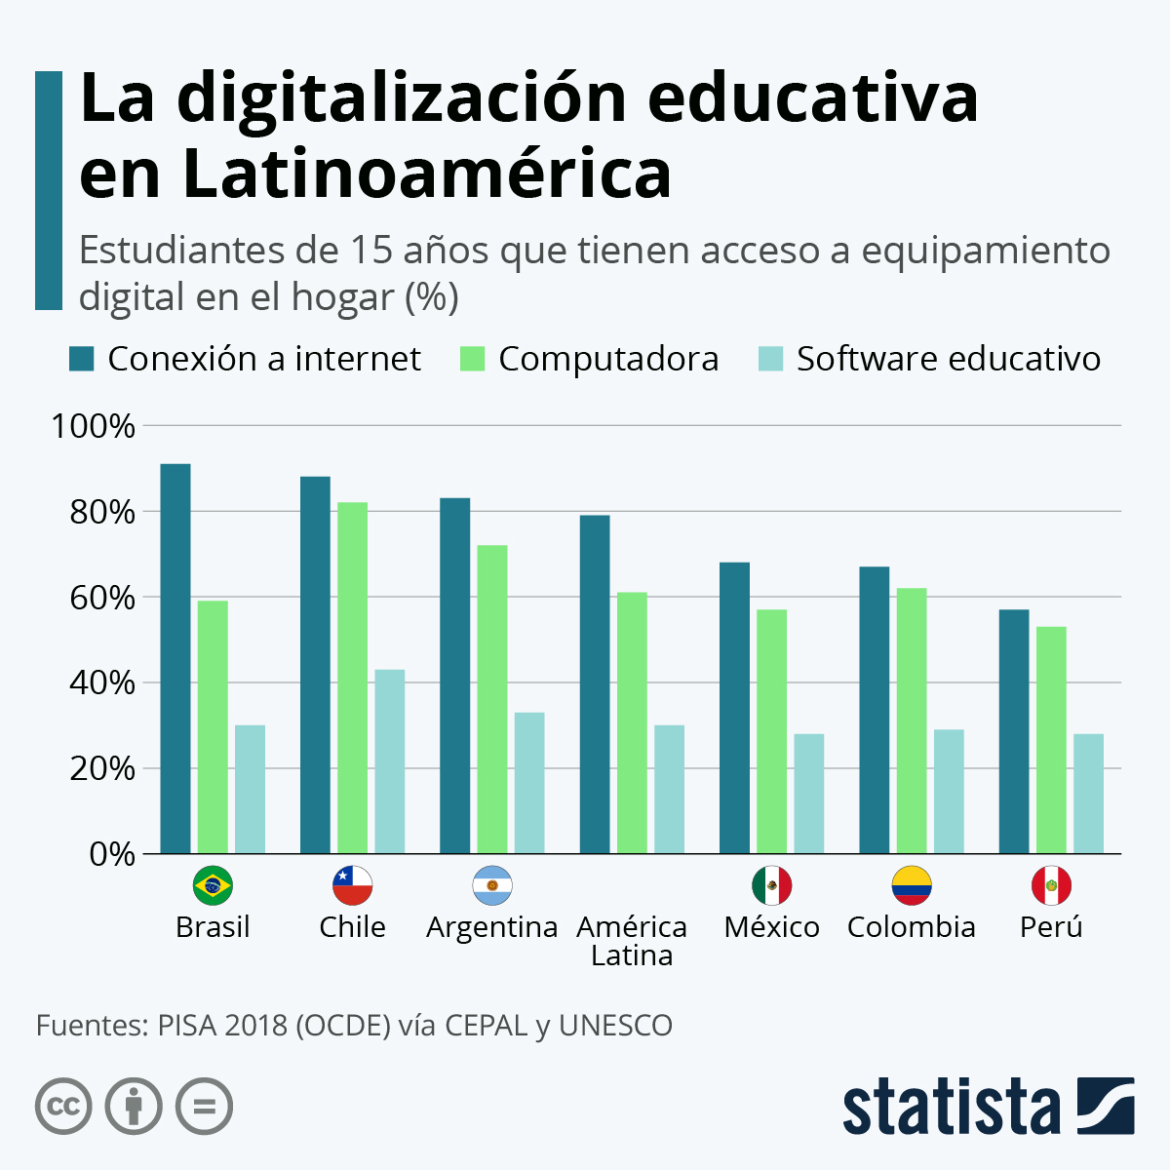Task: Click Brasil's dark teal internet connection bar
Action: (175, 658)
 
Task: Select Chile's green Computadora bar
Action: (353, 678)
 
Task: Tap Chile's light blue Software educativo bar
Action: (390, 761)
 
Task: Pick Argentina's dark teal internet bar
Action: (454, 676)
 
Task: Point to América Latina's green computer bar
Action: (632, 722)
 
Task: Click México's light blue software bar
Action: (808, 794)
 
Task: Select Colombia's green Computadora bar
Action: (912, 721)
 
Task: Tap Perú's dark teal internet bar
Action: (1014, 731)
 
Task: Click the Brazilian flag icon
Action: (213, 885)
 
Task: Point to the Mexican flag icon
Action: (771, 885)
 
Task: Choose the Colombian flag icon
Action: (911, 885)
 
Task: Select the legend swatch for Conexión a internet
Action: (81, 359)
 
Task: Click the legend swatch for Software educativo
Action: (770, 359)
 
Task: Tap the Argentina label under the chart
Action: (491, 926)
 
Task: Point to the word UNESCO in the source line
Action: (615, 1026)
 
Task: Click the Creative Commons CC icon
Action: (63, 1107)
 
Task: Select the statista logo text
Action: (951, 1106)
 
